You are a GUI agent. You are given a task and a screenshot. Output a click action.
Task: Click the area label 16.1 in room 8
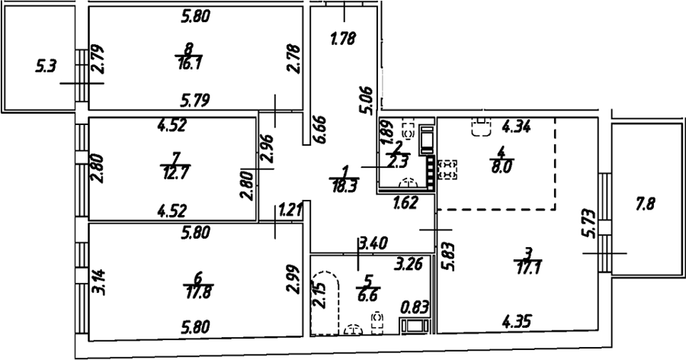(x=190, y=64)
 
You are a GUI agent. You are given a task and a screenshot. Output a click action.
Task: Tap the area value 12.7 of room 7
(x=176, y=173)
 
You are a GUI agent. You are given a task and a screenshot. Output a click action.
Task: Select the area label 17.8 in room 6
(x=198, y=291)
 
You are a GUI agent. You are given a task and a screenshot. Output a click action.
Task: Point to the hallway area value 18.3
(x=345, y=186)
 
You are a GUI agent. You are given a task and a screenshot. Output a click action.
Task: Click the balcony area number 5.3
(x=46, y=67)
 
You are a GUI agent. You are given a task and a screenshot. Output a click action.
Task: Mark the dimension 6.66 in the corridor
(x=319, y=130)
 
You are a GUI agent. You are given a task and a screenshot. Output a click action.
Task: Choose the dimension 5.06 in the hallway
(x=365, y=101)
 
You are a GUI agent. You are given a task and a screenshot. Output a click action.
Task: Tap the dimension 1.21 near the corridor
(x=290, y=211)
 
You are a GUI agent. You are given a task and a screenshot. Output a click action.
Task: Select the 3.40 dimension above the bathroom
(x=373, y=243)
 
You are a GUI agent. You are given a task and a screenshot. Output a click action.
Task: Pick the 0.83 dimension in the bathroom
(x=415, y=308)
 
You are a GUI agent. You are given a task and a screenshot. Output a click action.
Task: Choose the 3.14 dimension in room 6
(x=99, y=281)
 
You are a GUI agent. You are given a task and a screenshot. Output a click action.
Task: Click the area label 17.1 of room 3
(x=528, y=267)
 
